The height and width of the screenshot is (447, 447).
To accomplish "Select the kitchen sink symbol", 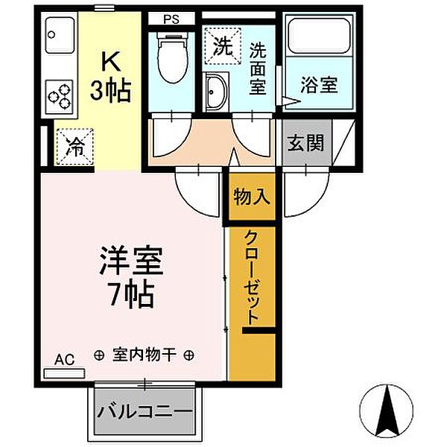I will click(x=60, y=35).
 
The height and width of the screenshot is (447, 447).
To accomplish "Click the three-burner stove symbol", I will click(x=60, y=95).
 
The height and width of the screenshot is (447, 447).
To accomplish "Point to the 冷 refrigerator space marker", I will click(x=74, y=146).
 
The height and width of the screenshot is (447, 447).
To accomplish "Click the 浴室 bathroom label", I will click(x=320, y=84).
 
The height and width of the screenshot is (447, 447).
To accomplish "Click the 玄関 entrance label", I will click(x=306, y=142).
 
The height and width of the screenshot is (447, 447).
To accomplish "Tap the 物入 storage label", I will click(x=252, y=197).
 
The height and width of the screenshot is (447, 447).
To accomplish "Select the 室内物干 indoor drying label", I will click(x=145, y=355).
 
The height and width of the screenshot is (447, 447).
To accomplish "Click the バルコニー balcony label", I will click(x=145, y=412).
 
